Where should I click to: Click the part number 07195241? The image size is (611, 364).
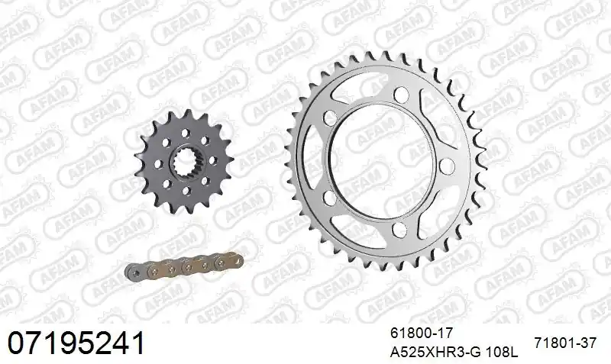[x=76, y=343]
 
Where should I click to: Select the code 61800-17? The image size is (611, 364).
[x=421, y=333]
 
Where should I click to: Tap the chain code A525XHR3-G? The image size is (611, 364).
[x=436, y=353]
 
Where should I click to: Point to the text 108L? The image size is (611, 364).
[x=503, y=353]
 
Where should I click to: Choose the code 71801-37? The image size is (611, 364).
[x=565, y=343]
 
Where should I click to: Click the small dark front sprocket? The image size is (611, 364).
[x=184, y=161]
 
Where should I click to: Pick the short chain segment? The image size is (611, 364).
[x=184, y=266]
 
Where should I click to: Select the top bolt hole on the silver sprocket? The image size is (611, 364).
[x=400, y=94]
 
